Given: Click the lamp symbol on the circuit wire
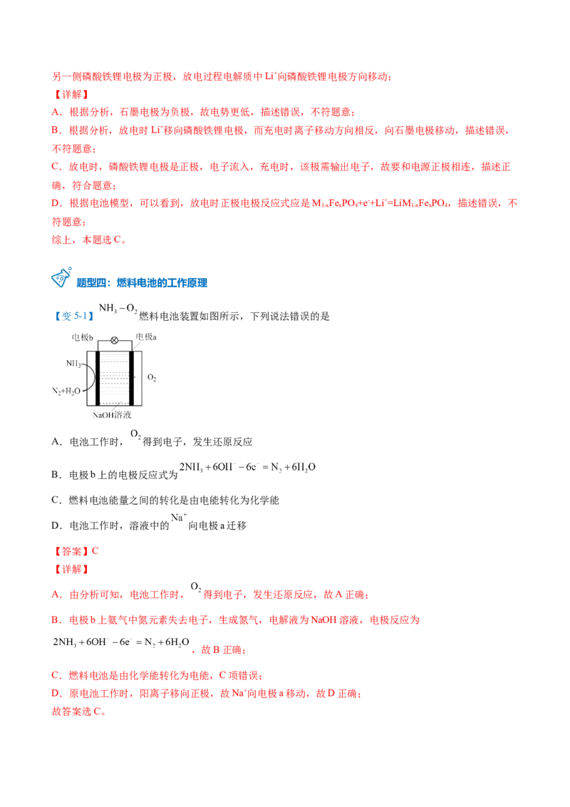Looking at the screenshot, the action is coord(114,340).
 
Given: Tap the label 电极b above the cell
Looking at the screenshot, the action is coord(83,338).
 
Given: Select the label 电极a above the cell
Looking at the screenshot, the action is coord(146,337).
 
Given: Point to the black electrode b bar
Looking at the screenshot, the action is coord(98,379).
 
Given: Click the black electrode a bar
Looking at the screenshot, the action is coord(131,379).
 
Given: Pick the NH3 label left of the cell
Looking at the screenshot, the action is coord(73,364).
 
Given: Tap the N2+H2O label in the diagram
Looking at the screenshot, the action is coord(66,391).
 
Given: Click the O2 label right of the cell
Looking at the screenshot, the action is coord(152,377).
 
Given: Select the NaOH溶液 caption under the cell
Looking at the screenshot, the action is coord(112,415).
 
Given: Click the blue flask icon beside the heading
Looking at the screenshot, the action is coord(61,277).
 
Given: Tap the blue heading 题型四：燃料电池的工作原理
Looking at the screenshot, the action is coord(142,282).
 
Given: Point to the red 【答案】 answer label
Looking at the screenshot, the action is coord(71,551).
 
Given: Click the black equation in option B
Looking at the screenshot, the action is coord(247,468).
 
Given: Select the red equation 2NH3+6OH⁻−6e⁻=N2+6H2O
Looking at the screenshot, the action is coord(121,642).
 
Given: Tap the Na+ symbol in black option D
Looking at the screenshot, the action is coord(179,518).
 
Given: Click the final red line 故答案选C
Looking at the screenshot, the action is coord(79,711).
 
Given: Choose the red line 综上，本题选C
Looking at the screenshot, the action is coord(89,240).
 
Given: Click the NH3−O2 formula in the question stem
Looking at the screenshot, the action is coord(118,308).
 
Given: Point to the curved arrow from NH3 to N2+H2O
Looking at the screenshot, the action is coord(93,377).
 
